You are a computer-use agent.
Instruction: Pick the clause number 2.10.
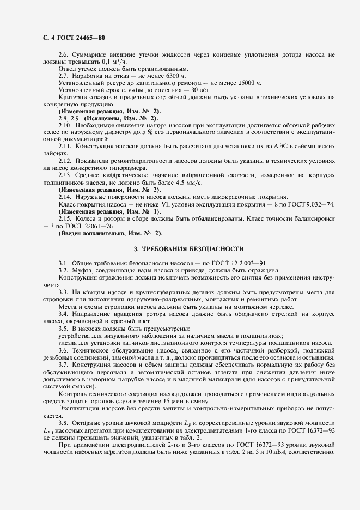pyautogui.click(x=66, y=125)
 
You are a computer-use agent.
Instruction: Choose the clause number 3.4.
pyautogui.click(x=64, y=315)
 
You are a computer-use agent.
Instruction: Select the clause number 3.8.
pyautogui.click(x=64, y=422)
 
